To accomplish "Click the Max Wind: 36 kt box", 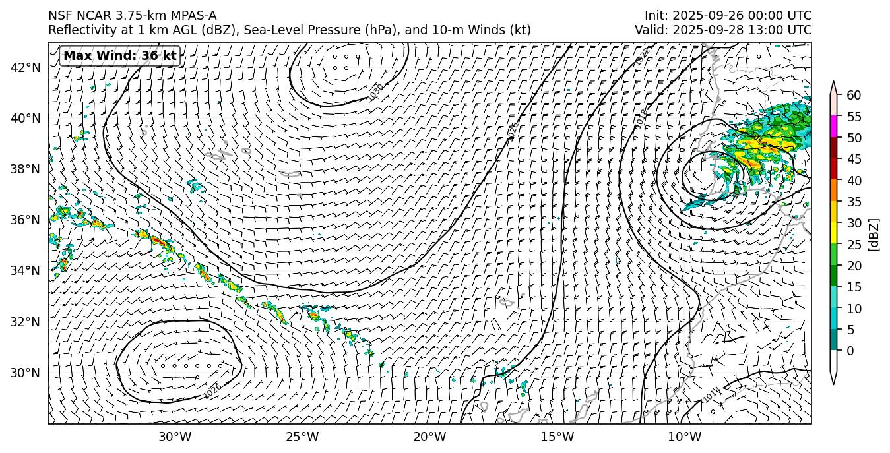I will pos(120,56).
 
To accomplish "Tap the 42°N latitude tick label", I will pos(26,67).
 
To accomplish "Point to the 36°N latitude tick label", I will pos(26,220).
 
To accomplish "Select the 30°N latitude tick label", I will pos(26,373).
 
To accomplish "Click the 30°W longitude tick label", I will pos(175,437).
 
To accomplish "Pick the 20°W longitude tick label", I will pos(429,437).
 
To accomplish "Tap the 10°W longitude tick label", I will pos(685,437).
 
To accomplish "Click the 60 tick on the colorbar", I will pos(854,95).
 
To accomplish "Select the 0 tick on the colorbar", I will pos(850,351).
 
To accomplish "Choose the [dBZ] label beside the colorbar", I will pos(875,234).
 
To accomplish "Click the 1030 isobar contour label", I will pos(376,92).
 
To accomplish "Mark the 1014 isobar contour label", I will pos(711,394).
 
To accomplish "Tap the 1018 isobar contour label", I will pos(642,118).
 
